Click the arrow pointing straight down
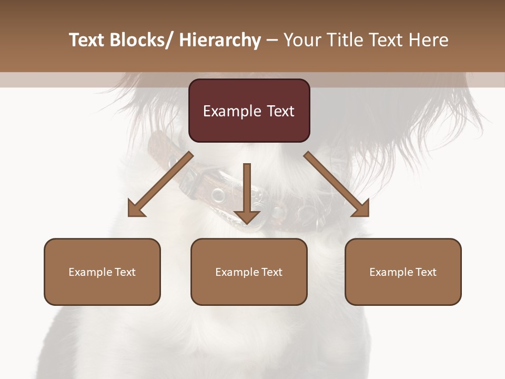(x=247, y=195)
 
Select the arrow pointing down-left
(x=160, y=184)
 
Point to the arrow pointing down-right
(x=337, y=184)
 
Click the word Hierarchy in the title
(x=219, y=40)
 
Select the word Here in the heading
(x=427, y=40)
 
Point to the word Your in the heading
(x=301, y=40)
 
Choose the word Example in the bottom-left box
(x=90, y=272)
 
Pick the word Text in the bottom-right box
(x=426, y=272)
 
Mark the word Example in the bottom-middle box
(x=237, y=272)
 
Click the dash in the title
(x=272, y=40)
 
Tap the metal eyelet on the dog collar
(x=218, y=196)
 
